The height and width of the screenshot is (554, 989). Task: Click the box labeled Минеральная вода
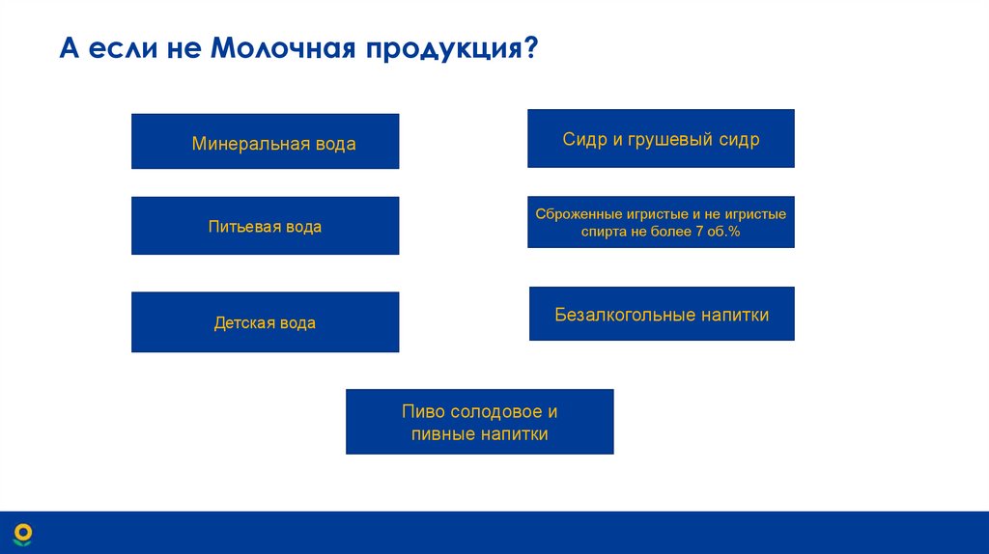pyautogui.click(x=265, y=141)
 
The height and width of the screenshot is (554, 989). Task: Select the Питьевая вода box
pyautogui.click(x=265, y=226)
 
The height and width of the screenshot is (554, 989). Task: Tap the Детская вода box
pyautogui.click(x=265, y=321)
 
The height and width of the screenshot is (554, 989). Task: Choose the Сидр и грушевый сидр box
pyautogui.click(x=661, y=138)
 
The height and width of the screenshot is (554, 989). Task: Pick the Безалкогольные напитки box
pyautogui.click(x=662, y=314)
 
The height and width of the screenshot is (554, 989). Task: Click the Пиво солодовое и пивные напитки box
pyautogui.click(x=479, y=422)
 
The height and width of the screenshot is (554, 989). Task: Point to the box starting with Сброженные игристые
pyautogui.click(x=661, y=222)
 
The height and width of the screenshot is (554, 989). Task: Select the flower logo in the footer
pyautogui.click(x=22, y=534)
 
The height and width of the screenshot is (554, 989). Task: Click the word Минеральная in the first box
pyautogui.click(x=248, y=145)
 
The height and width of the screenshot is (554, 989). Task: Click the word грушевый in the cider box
pyautogui.click(x=662, y=140)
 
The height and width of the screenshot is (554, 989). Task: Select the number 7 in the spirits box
pyautogui.click(x=697, y=233)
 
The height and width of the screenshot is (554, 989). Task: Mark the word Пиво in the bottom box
pyautogui.click(x=423, y=412)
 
